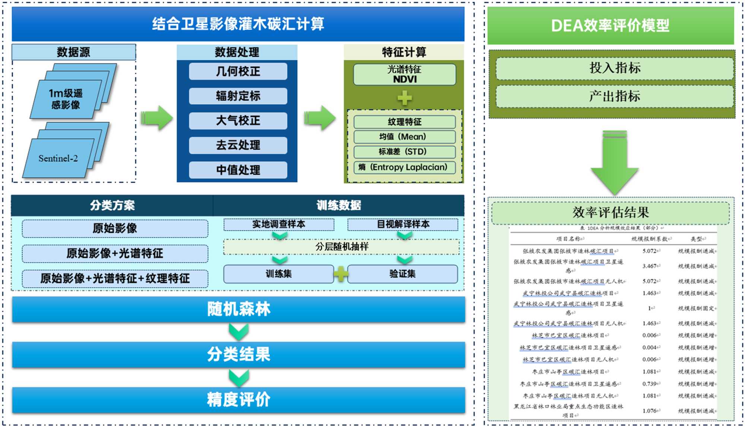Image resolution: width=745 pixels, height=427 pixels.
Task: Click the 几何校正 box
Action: [238, 71]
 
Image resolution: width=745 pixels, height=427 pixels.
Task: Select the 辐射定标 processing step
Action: [238, 96]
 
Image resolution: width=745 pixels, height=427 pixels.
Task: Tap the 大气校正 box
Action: [238, 121]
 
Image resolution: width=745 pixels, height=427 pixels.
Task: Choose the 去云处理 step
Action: [238, 145]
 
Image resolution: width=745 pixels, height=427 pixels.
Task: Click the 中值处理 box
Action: [238, 170]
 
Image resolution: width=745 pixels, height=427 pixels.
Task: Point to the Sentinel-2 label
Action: [58, 158]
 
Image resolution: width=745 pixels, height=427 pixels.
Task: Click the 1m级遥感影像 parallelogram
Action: [66, 99]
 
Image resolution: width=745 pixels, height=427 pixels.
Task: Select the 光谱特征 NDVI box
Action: [405, 75]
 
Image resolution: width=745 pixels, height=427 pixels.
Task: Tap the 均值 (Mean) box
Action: [405, 137]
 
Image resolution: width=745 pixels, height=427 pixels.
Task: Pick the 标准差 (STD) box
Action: [405, 152]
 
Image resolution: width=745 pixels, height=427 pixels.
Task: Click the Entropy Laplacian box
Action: [405, 167]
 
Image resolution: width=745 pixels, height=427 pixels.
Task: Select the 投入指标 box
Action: [615, 68]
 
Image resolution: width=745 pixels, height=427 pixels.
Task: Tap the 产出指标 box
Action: [615, 97]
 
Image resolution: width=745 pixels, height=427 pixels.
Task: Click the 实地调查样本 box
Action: [279, 224]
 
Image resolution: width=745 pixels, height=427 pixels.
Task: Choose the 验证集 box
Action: [402, 274]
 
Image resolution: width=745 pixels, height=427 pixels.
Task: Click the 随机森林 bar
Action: [238, 309]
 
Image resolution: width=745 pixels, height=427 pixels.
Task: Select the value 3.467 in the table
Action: [650, 266]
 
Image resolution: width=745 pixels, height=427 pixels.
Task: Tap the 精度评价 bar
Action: [238, 400]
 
